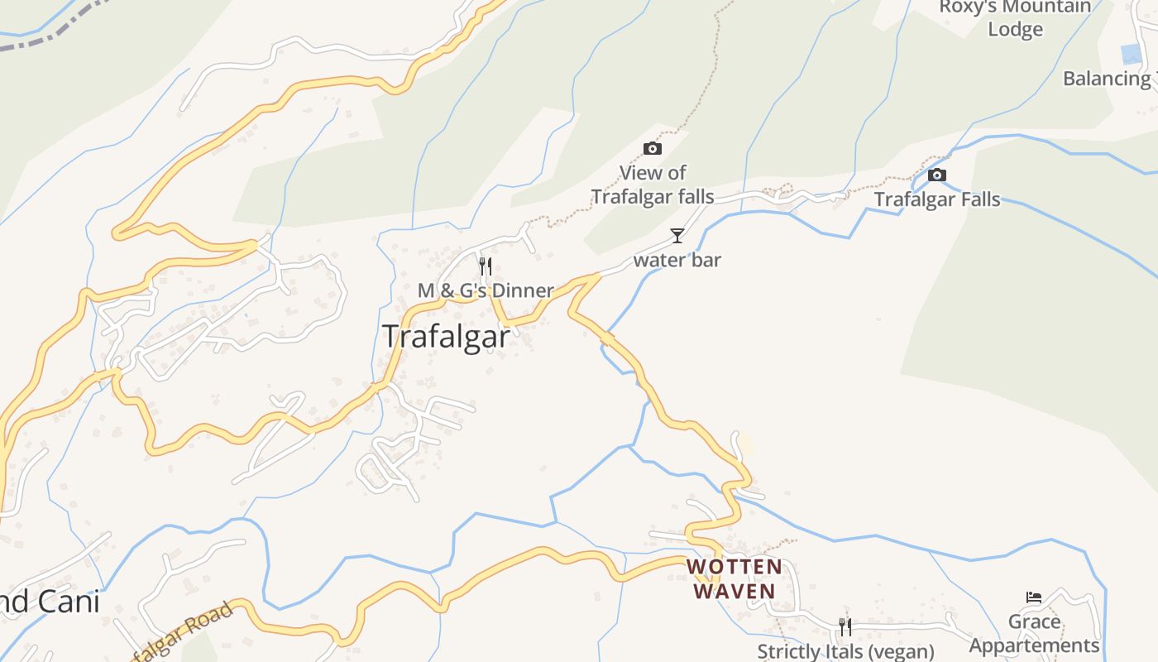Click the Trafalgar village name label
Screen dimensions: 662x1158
(446, 337)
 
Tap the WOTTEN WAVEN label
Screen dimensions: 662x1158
(735, 578)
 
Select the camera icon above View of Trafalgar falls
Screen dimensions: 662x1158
(653, 149)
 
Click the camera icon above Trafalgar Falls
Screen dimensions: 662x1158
(936, 175)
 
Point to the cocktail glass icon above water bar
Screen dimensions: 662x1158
(677, 236)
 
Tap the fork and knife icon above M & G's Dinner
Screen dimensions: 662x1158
(486, 266)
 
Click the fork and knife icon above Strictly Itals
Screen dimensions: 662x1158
(845, 626)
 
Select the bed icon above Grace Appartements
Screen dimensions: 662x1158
(1033, 597)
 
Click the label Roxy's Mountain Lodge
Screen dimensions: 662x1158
(1015, 18)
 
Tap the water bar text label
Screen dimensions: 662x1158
(677, 260)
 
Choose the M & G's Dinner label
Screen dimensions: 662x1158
(486, 290)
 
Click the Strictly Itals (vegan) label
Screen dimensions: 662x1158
(845, 651)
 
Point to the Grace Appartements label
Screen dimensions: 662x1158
(1034, 634)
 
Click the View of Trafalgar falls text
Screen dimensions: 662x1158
(653, 185)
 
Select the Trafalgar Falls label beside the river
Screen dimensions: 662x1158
(937, 199)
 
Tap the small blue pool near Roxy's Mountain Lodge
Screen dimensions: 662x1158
(1131, 55)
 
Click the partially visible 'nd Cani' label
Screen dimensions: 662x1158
(50, 602)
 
